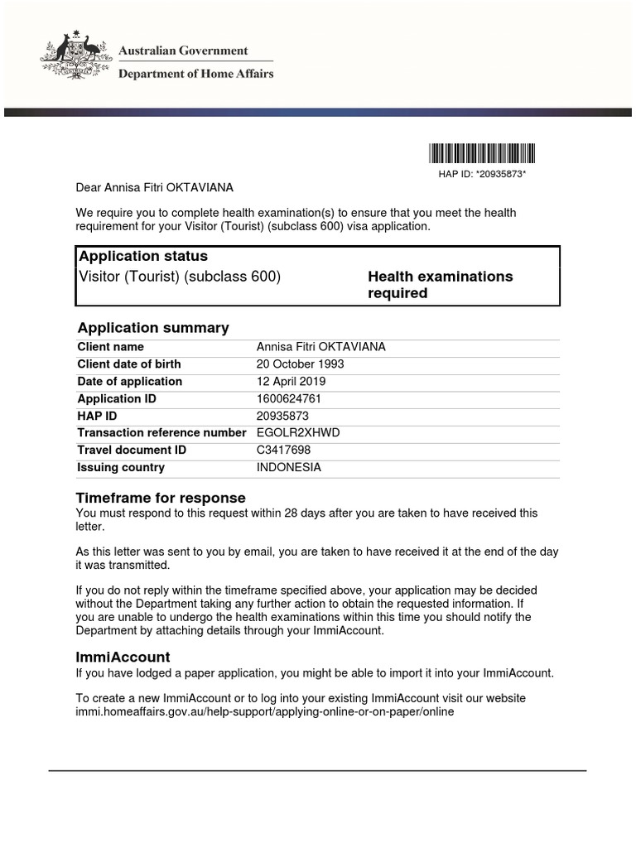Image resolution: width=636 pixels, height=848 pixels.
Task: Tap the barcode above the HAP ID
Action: [x=482, y=153]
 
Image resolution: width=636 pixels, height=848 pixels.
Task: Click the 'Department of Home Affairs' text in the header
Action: [x=196, y=74]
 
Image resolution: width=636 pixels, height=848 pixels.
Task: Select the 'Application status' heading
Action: [x=142, y=256]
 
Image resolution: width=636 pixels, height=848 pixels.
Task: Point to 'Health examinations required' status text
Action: [x=440, y=285]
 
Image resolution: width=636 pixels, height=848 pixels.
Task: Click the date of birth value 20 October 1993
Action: [x=301, y=364]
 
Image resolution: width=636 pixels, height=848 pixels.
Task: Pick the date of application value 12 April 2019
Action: [x=291, y=382]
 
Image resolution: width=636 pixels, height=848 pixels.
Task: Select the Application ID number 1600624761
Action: [x=289, y=399]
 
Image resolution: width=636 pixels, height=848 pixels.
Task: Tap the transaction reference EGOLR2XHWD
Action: [x=298, y=433]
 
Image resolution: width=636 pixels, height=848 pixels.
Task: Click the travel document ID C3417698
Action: [x=284, y=450]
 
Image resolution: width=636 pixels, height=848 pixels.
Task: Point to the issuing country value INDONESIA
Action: [x=289, y=468]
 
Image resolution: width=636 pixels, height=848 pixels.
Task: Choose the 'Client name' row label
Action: [x=110, y=347]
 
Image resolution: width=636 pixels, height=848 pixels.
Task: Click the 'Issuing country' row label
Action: [x=121, y=468]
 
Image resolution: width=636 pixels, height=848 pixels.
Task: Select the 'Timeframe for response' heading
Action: [x=161, y=498]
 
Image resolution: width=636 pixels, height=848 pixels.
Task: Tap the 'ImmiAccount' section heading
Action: [x=123, y=657]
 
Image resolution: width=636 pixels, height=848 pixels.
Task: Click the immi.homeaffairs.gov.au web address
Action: [x=265, y=712]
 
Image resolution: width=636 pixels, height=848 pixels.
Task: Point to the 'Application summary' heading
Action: [x=153, y=328]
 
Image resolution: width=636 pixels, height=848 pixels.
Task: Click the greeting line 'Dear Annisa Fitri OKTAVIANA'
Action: [x=155, y=188]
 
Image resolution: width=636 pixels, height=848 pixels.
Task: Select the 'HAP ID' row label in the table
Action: [x=97, y=416]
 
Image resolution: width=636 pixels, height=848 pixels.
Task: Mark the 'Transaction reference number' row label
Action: [x=161, y=433]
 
